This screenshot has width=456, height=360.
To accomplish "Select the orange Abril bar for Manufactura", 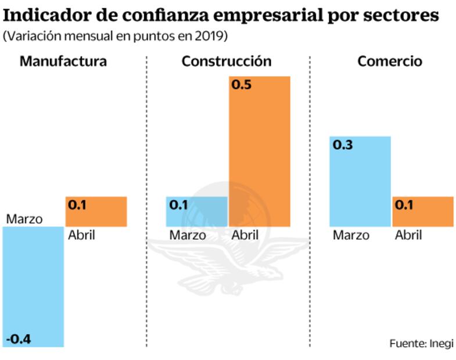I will pyautogui.click(x=96, y=211).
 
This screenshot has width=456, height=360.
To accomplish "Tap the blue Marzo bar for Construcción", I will pyautogui.click(x=196, y=211).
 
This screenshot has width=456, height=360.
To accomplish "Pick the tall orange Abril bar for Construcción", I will pyautogui.click(x=259, y=151).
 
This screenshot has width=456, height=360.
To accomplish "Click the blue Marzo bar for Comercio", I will pyautogui.click(x=360, y=181).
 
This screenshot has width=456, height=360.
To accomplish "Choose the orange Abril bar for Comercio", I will pyautogui.click(x=422, y=211).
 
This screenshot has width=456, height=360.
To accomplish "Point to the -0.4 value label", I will pyautogui.click(x=19, y=339).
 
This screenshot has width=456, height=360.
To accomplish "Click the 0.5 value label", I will pyautogui.click(x=241, y=85).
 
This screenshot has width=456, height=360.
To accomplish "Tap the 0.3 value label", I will pyautogui.click(x=343, y=145).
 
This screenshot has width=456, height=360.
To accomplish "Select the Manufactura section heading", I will pyautogui.click(x=63, y=62).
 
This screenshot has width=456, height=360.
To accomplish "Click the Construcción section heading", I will pyautogui.click(x=227, y=62).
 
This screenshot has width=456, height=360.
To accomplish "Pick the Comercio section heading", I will pyautogui.click(x=390, y=62).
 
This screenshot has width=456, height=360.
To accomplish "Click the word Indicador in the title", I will pyautogui.click(x=55, y=15).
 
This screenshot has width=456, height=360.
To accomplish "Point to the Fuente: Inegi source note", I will pyautogui.click(x=421, y=343).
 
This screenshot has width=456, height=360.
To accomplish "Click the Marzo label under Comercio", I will pyautogui.click(x=351, y=235).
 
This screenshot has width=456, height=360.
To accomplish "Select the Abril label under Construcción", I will pyautogui.click(x=245, y=235).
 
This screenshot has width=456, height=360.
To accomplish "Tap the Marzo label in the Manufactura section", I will pyautogui.click(x=24, y=219).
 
